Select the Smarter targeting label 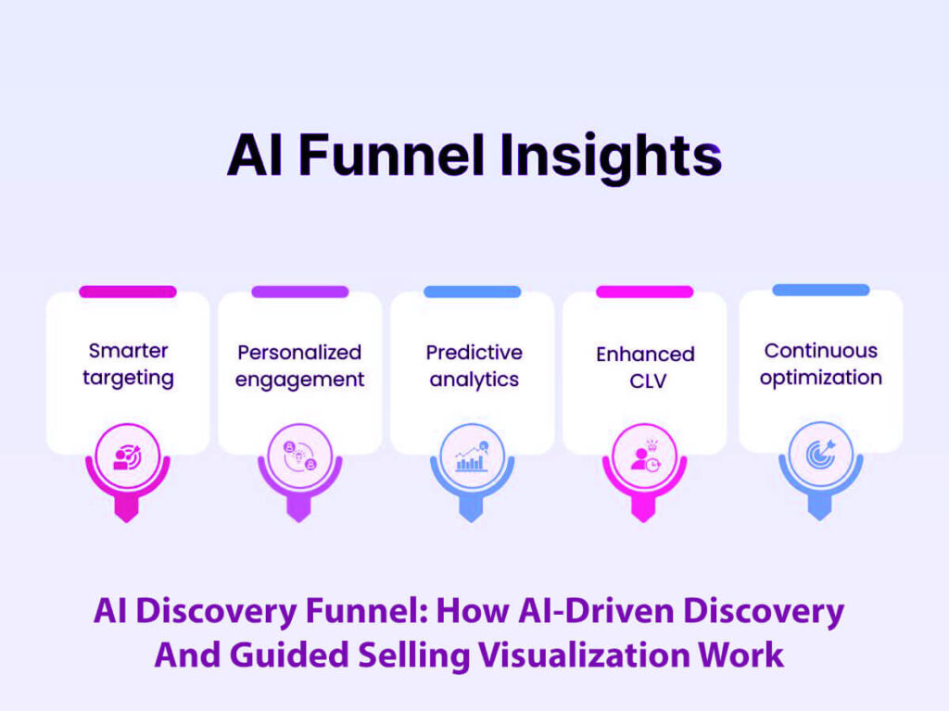(128, 364)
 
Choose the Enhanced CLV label (645, 367)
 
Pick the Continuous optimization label (820, 364)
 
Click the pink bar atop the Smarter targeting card (128, 292)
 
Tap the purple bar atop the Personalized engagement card (299, 292)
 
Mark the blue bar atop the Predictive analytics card (472, 292)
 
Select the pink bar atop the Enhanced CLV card (644, 292)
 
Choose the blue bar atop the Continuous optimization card (820, 290)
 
